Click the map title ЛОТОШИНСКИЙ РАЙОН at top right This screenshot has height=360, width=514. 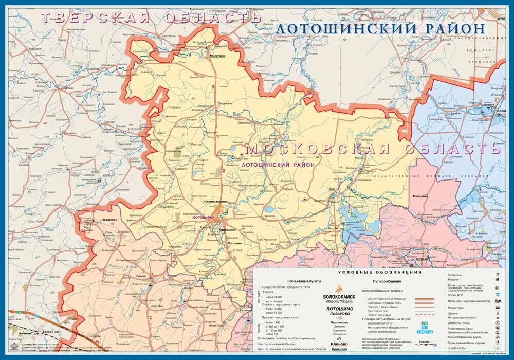[380, 29]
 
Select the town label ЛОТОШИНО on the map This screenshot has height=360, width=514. [203, 218]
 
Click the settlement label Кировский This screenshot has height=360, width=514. [227, 229]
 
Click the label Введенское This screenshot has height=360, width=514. [225, 103]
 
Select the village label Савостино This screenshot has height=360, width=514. [243, 123]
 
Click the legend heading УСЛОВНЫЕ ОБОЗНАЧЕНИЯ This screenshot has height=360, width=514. [379, 272]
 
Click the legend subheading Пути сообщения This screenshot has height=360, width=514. [384, 282]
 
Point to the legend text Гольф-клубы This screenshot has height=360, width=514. [457, 348]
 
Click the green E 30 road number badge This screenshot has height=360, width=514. [425, 322]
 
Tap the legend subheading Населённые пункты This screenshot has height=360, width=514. [304, 282]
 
